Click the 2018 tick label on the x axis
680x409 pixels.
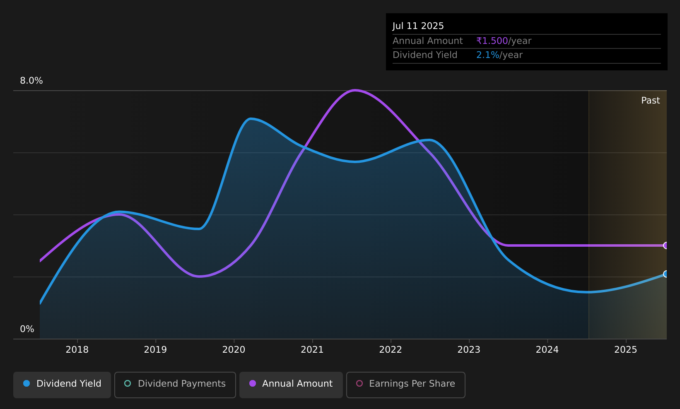pyautogui.click(x=77, y=350)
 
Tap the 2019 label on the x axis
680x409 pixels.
pyautogui.click(x=155, y=350)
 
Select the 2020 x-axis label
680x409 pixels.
pyautogui.click(x=234, y=350)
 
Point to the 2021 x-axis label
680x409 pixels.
pyautogui.click(x=312, y=350)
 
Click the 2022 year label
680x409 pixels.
pyautogui.click(x=391, y=350)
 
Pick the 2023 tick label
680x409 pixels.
pyautogui.click(x=469, y=350)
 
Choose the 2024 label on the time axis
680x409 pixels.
pyautogui.click(x=547, y=350)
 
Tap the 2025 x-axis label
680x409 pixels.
pyautogui.click(x=626, y=350)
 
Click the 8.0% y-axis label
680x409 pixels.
pyautogui.click(x=31, y=81)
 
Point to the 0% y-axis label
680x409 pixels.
pyautogui.click(x=27, y=329)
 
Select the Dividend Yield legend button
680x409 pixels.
pyautogui.click(x=62, y=385)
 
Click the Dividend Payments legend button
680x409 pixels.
pyautogui.click(x=175, y=385)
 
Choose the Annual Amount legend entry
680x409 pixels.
pyautogui.click(x=291, y=385)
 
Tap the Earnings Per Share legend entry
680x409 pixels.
pyautogui.click(x=406, y=385)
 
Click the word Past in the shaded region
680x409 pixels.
pyautogui.click(x=650, y=101)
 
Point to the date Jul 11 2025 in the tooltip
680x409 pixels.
pyautogui.click(x=418, y=26)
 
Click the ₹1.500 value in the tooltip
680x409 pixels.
pyautogui.click(x=492, y=41)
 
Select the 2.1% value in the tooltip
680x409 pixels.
pyautogui.click(x=487, y=55)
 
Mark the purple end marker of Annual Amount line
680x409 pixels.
pyautogui.click(x=666, y=245)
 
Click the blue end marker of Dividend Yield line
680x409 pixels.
pyautogui.click(x=666, y=274)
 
